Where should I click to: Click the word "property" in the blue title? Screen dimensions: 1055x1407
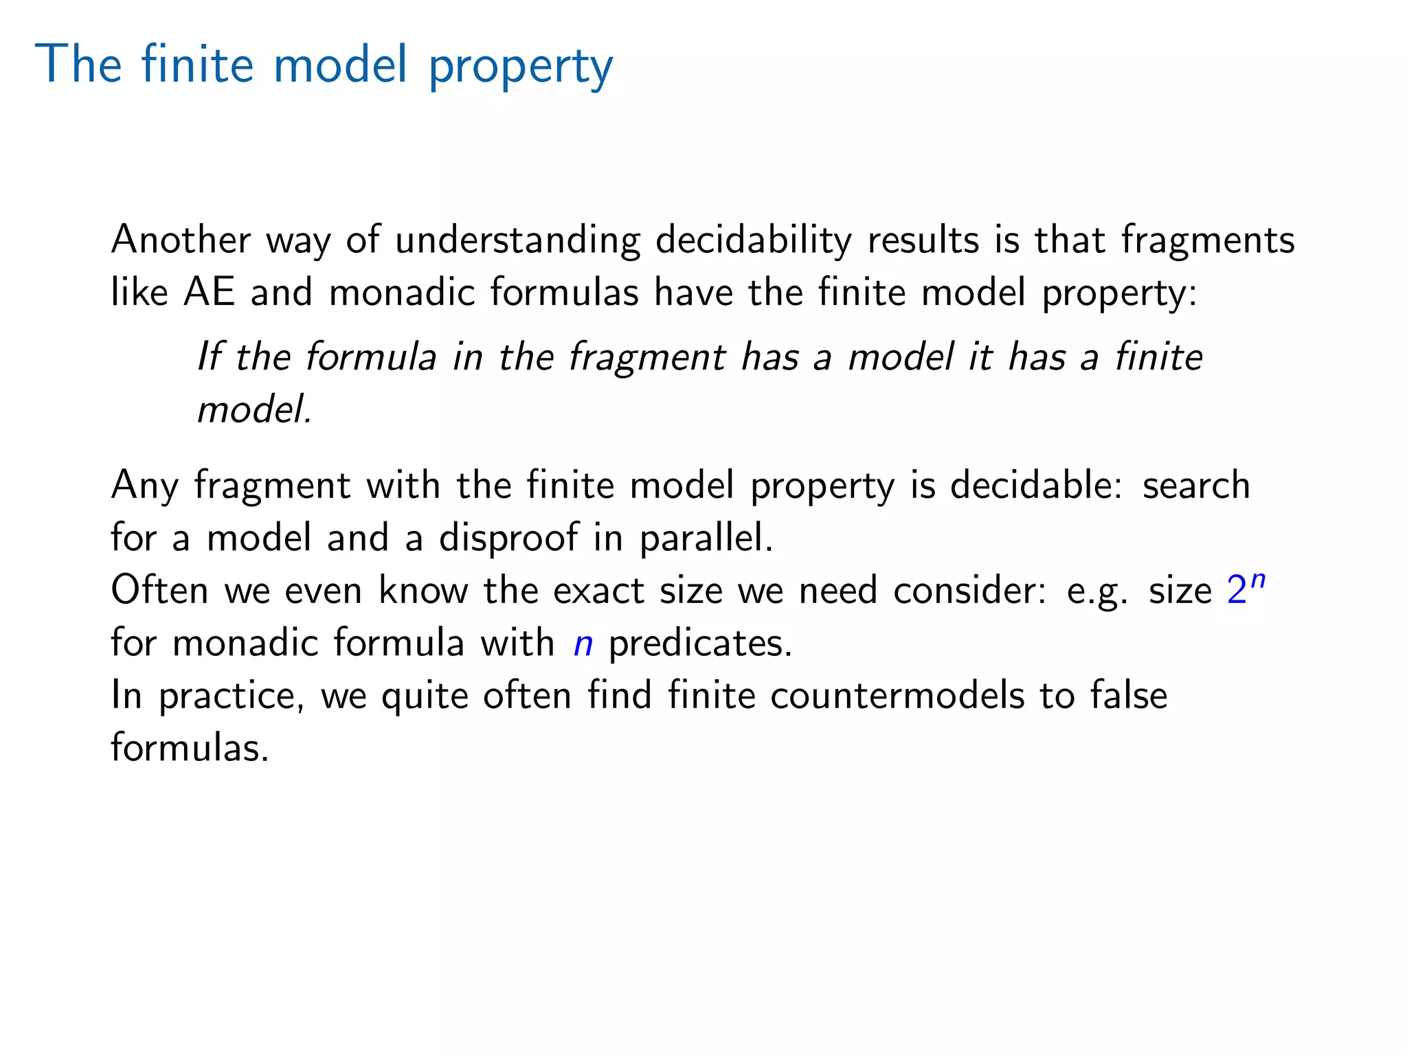point(521,67)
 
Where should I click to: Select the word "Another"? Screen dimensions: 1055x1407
point(181,240)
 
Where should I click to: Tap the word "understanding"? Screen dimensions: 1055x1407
point(517,241)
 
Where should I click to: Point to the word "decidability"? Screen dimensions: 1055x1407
point(753,241)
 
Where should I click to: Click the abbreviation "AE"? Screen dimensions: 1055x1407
point(210,292)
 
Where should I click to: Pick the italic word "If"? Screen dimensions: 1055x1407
point(209,356)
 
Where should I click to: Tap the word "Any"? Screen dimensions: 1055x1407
point(144,486)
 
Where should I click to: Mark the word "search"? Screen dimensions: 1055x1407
point(1196,485)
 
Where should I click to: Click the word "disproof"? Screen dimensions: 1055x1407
point(508,538)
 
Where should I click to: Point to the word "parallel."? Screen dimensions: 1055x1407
point(706,538)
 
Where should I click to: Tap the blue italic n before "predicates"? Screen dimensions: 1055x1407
point(583,644)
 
